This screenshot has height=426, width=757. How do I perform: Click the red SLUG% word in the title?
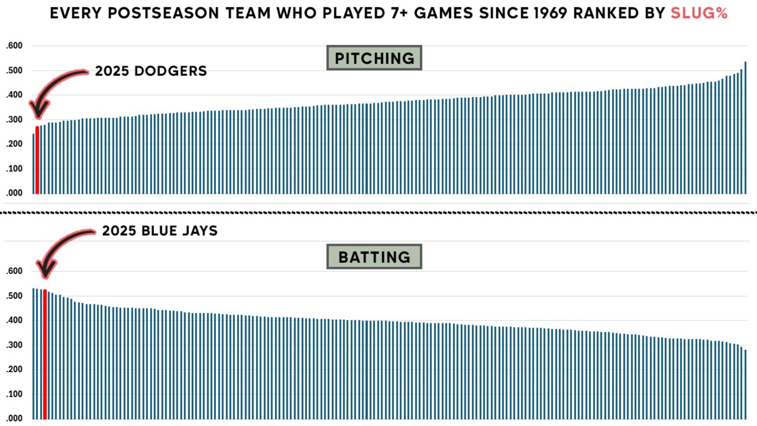point(699,13)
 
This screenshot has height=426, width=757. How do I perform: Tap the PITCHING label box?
point(374,58)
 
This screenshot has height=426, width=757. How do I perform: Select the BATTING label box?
point(374,257)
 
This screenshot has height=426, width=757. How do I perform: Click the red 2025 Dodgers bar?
point(37,160)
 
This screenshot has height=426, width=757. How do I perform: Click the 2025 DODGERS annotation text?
point(151,71)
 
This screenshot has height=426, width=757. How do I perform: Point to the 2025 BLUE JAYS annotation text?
point(160,231)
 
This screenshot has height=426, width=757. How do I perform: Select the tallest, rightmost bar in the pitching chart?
point(745,128)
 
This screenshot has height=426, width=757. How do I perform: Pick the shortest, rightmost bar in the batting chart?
point(745,385)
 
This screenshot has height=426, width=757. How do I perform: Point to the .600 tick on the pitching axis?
point(14,46)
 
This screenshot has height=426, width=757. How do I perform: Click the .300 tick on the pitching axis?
point(14,119)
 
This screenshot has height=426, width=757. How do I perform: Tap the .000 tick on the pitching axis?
point(14,193)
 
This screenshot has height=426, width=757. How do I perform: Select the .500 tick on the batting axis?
point(14,296)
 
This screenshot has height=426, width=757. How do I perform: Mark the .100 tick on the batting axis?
point(14,394)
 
